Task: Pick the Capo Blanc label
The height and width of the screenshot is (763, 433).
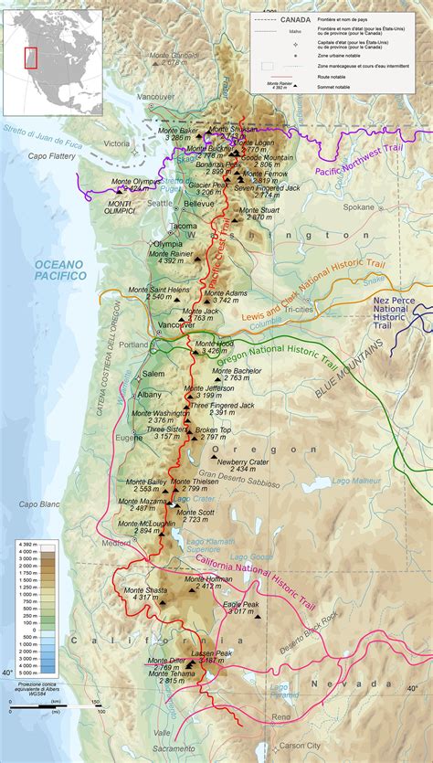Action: (38, 503)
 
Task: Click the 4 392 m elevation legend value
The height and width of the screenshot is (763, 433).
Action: (26, 546)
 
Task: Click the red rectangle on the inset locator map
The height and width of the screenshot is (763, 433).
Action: (30, 57)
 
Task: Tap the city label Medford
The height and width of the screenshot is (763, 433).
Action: (117, 543)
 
